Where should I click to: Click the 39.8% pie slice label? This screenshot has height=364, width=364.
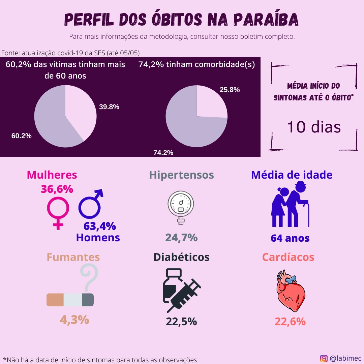[109, 107]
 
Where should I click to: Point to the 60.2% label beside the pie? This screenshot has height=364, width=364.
[22, 136]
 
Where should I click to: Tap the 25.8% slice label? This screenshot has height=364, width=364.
[230, 90]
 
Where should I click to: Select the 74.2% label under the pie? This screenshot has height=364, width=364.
[163, 153]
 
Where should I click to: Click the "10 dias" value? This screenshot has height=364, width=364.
[314, 127]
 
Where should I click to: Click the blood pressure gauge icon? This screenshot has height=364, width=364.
[181, 207]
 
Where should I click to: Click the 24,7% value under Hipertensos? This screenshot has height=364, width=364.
[181, 238]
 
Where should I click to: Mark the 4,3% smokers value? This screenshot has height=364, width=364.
[74, 320]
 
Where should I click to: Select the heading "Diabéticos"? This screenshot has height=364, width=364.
[181, 257]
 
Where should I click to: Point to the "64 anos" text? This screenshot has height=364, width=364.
[290, 238]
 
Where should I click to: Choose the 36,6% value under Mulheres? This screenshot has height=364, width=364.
[57, 189]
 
